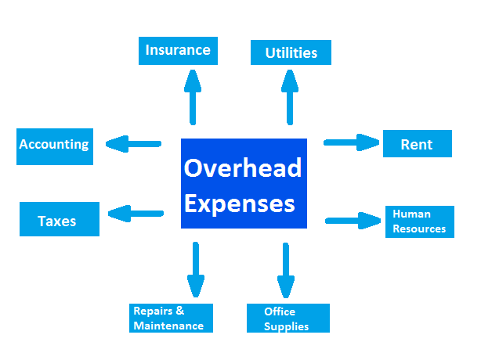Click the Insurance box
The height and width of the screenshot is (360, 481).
[178, 51]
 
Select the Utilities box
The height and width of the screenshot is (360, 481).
[291, 52]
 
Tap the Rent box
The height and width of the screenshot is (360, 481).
[418, 144]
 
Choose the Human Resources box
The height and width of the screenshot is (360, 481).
[420, 221]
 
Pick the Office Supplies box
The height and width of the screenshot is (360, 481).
[288, 318]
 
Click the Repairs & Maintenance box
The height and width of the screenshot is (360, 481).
[171, 318]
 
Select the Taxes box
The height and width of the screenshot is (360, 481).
[60, 219]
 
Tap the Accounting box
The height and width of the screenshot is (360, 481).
[55, 147]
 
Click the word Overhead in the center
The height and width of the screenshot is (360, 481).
[243, 168]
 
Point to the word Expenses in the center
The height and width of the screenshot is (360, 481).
[240, 203]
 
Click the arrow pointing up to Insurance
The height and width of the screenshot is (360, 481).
[193, 97]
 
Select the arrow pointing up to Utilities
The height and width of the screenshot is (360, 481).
[290, 97]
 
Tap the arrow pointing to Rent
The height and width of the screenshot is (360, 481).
[352, 142]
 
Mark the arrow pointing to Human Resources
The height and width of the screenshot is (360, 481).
[353, 221]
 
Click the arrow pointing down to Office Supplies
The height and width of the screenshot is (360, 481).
[286, 270]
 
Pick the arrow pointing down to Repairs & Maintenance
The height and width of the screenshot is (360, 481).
[196, 270]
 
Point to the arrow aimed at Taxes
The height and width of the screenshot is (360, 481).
[136, 214]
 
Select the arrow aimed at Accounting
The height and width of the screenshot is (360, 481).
[133, 144]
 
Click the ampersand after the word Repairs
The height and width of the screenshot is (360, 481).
[180, 311]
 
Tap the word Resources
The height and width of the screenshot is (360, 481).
[419, 229]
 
